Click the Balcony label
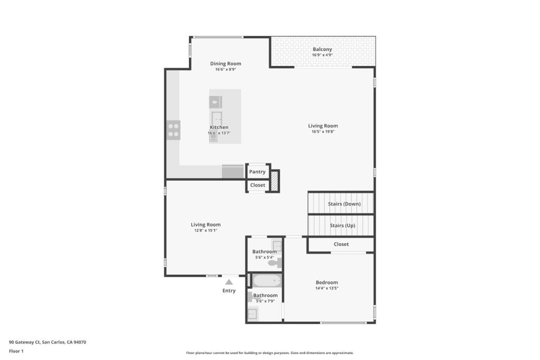click(x=322, y=49)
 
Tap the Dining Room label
click(x=226, y=63)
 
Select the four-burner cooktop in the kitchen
click(x=173, y=130)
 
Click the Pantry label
click(x=257, y=172)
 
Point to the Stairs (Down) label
click(x=344, y=204)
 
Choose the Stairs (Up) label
click(x=342, y=226)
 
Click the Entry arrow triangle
click(x=229, y=282)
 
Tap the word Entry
click(x=229, y=290)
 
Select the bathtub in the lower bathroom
click(x=267, y=280)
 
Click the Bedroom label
click(x=327, y=282)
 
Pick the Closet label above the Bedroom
click(x=341, y=244)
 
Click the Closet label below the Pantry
click(x=257, y=185)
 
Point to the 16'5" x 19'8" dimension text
click(x=323, y=131)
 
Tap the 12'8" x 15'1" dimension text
click(x=206, y=230)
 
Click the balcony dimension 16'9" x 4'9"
click(x=322, y=55)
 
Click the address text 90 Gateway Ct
click(x=24, y=342)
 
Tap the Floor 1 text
click(x=16, y=351)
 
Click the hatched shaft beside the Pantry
click(x=274, y=181)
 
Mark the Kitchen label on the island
click(x=219, y=128)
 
